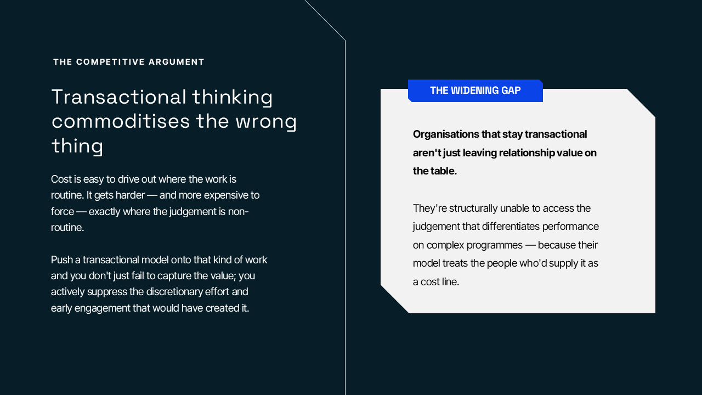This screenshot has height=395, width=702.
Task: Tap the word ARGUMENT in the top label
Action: point(177,62)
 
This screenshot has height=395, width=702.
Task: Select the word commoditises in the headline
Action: point(121,121)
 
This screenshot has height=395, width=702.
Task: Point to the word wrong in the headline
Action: point(266,122)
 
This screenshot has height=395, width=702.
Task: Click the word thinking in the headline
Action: point(232,97)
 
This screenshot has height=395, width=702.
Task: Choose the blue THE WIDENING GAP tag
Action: point(475,91)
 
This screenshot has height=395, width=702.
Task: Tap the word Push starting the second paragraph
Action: point(61,260)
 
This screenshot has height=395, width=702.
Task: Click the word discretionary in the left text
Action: point(174,292)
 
